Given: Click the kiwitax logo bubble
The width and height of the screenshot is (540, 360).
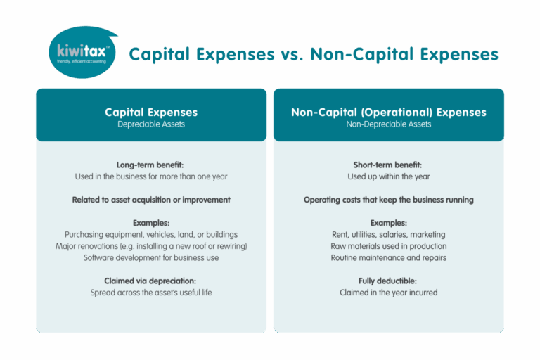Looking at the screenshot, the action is pyautogui.click(x=82, y=52).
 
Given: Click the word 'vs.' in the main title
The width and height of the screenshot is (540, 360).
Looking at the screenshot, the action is pyautogui.click(x=292, y=54).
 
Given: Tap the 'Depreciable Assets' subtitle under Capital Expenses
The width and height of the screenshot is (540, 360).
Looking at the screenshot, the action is pyautogui.click(x=151, y=124).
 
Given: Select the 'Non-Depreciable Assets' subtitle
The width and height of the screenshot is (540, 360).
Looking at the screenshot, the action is pyautogui.click(x=388, y=124).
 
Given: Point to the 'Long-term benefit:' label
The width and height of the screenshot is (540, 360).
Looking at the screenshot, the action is pyautogui.click(x=150, y=165).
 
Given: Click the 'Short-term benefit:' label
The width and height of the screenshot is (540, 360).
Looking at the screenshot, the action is pyautogui.click(x=387, y=165).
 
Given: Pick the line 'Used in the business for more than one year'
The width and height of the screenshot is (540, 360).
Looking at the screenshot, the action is pyautogui.click(x=151, y=176).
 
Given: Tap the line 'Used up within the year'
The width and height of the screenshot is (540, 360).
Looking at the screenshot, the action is pyautogui.click(x=388, y=176).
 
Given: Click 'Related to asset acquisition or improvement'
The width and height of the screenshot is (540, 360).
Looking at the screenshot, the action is pyautogui.click(x=151, y=200).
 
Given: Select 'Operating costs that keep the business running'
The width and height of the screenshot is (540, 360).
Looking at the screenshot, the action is pyautogui.click(x=388, y=200).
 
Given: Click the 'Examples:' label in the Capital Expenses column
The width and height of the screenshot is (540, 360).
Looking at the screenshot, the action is pyautogui.click(x=151, y=223).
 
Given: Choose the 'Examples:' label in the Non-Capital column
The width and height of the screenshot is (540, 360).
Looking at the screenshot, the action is pyautogui.click(x=388, y=223).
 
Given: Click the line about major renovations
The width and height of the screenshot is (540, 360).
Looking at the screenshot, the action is pyautogui.click(x=151, y=246).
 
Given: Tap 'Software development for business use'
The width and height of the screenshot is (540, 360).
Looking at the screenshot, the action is pyautogui.click(x=151, y=257).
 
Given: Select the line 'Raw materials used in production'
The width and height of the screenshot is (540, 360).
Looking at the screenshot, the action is pyautogui.click(x=388, y=246).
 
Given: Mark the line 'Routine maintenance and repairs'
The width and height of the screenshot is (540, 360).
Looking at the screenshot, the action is pyautogui.click(x=388, y=257).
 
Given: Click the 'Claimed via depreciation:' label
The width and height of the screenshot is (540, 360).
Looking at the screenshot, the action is pyautogui.click(x=150, y=281).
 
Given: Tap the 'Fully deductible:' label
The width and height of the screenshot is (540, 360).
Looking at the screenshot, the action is pyautogui.click(x=387, y=281).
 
